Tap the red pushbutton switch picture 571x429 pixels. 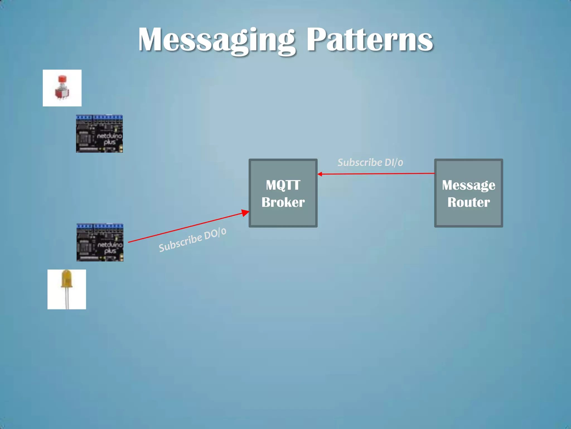coord(62,88)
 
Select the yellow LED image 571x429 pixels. coord(67,289)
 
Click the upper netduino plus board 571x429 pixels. coord(99,134)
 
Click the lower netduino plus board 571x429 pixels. coord(100,242)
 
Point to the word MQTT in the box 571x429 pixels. coord(283,185)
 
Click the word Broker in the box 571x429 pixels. coord(283,202)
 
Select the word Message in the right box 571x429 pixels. coord(468,185)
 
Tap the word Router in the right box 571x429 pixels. coord(468,202)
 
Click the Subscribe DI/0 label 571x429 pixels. coord(370,163)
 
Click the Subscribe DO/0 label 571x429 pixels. coord(192,240)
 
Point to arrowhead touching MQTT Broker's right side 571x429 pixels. coord(320,174)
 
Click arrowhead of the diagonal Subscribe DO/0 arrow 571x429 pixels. coord(245,213)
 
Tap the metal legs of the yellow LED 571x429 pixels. coord(67,299)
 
